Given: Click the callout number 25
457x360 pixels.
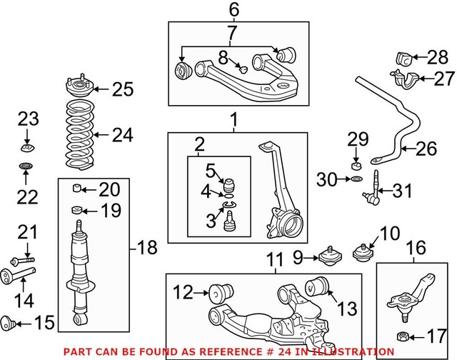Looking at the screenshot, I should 123,89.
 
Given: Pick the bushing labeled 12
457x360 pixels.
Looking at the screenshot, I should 217,293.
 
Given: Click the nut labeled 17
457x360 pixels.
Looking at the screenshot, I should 403,334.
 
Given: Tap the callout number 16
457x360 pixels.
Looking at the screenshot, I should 416,248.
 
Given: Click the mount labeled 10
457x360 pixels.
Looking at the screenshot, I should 366,254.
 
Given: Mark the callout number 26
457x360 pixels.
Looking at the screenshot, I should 426,149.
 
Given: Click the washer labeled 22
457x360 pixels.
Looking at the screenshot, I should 26,167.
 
